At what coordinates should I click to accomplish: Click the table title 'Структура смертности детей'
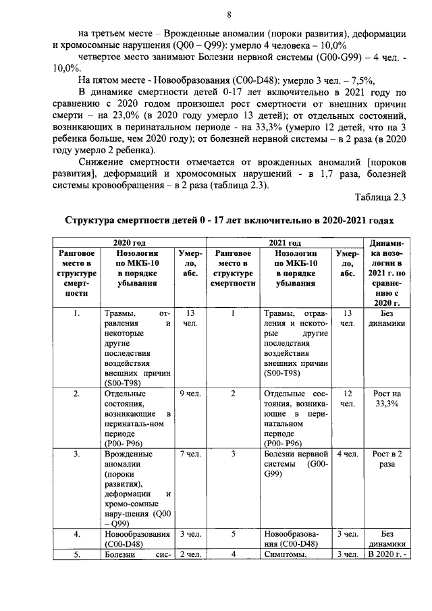[x=228, y=221]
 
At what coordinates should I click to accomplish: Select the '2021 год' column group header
[x=285, y=242]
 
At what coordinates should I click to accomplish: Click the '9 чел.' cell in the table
[x=190, y=393]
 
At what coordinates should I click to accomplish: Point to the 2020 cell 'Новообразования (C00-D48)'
[x=137, y=538]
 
